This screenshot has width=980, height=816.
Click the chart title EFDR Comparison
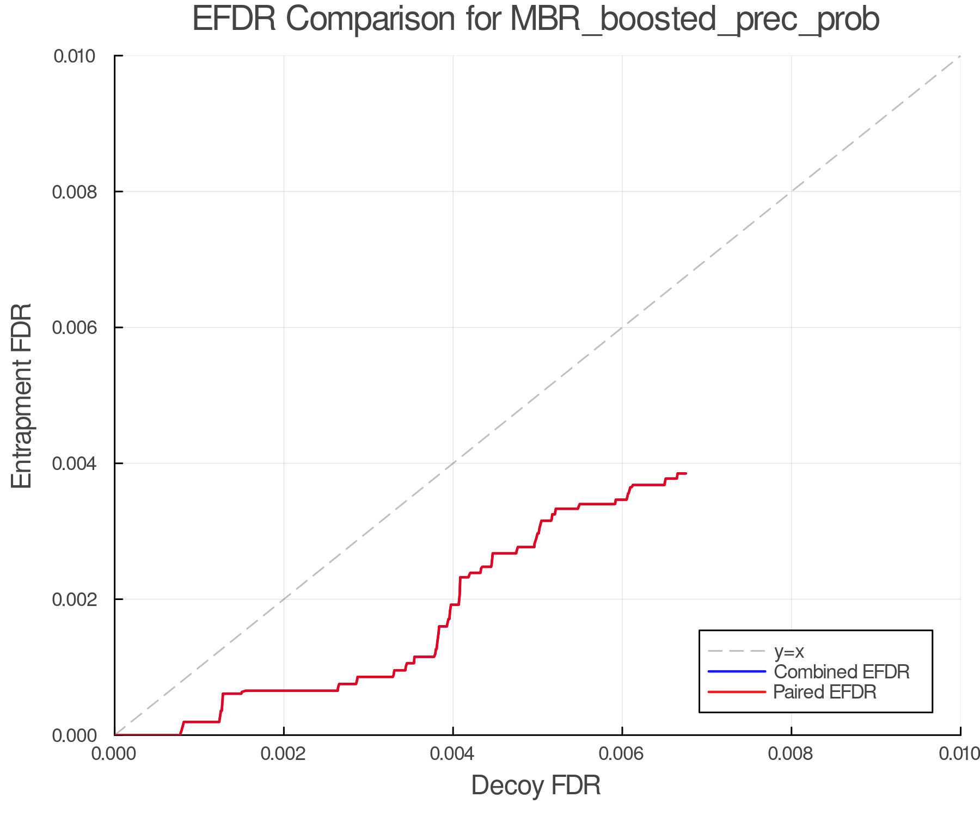coord(536,20)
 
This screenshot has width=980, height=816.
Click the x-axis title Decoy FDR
coord(536,786)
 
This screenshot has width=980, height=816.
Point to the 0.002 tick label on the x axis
coord(284,753)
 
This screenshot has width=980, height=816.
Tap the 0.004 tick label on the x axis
coord(453,753)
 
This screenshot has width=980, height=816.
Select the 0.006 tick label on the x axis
coord(622,753)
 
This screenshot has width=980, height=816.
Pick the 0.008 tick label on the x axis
coord(791,753)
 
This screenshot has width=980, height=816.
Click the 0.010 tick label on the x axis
coord(959,753)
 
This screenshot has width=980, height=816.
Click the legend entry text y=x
coord(789,651)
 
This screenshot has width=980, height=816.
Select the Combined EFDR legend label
coord(842,672)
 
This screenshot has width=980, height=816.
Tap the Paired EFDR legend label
coord(825,692)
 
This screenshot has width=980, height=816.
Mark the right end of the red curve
coord(686,474)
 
